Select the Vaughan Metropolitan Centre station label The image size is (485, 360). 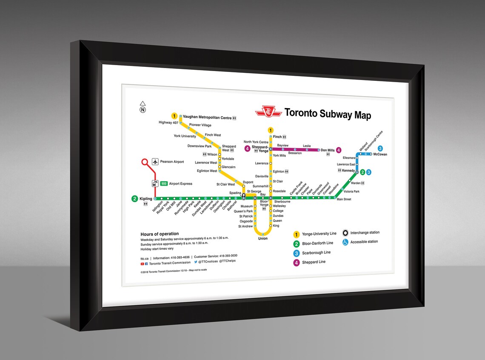coord(207,117)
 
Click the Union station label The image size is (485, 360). coord(263,239)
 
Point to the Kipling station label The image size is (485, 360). coord(145,199)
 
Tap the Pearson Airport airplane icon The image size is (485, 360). coord(155,162)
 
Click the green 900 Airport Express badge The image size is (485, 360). coord(163,184)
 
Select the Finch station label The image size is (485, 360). coord(277,137)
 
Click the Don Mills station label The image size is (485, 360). coord(328,150)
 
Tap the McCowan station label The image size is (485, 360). coord(380,154)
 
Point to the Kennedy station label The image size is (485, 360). coord(348,171)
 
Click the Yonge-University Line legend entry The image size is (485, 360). coord(319,234)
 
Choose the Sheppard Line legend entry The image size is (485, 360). coord(314,262)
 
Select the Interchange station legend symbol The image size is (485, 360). coord(345,233)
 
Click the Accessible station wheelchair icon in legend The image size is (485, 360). coord(345,242)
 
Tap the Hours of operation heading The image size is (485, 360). coord(160,234)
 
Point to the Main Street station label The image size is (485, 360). coord(343,199)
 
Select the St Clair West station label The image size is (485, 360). coord(225,184)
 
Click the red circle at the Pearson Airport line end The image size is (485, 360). coord(145,162)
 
